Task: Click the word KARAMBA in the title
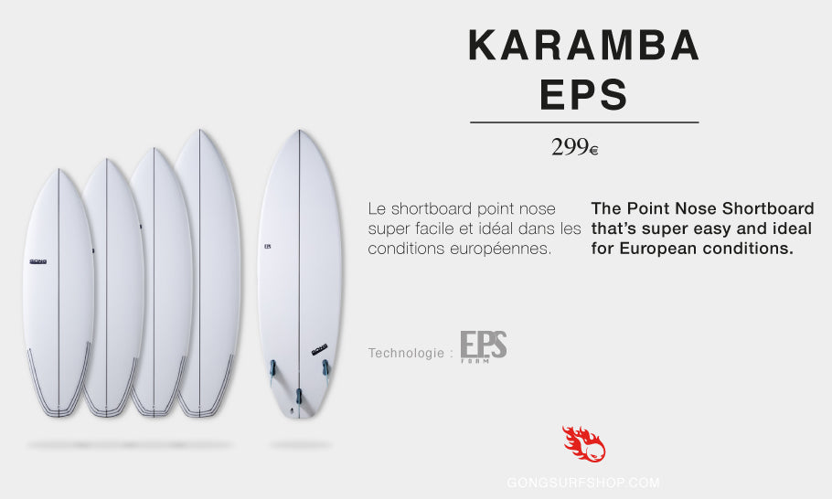(x=583, y=46)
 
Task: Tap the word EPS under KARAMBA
(x=583, y=94)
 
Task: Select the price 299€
(x=575, y=147)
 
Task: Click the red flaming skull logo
(x=583, y=443)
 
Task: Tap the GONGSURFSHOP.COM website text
(x=583, y=483)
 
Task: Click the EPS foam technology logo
(x=484, y=346)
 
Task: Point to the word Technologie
(x=406, y=353)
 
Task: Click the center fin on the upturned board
(x=299, y=396)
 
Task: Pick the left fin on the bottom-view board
(x=272, y=368)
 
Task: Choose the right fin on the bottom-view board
(x=325, y=367)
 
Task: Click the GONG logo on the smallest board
(x=38, y=261)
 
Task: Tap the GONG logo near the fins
(x=319, y=350)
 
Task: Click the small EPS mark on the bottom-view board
(x=267, y=247)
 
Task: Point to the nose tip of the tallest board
(x=199, y=131)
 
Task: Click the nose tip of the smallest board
(x=59, y=170)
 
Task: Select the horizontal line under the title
(x=584, y=122)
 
